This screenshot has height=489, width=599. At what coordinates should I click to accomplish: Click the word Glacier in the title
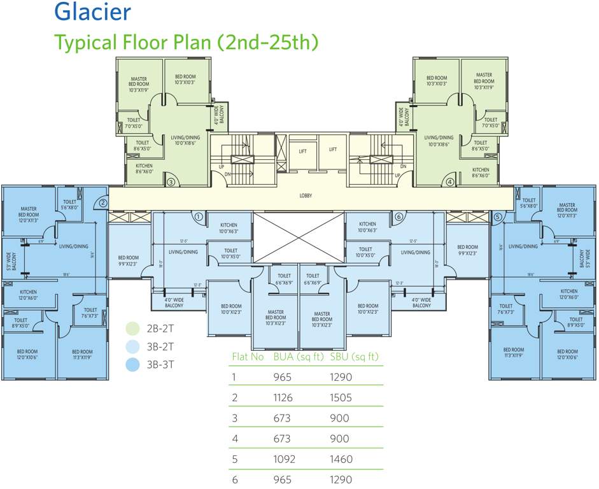click(92, 11)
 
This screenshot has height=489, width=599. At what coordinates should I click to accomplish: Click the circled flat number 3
click(171, 181)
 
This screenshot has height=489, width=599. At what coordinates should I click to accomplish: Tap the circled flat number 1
click(199, 217)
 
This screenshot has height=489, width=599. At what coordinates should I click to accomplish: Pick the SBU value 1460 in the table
click(341, 459)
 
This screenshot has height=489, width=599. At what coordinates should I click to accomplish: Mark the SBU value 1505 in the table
click(341, 398)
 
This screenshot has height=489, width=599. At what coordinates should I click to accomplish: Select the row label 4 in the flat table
click(234, 439)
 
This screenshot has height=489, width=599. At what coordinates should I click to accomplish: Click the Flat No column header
click(247, 357)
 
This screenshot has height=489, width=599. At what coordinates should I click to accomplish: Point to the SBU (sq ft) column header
click(355, 357)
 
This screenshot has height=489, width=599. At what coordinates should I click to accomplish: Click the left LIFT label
click(303, 151)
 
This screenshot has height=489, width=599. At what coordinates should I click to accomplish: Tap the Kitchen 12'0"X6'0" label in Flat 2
click(28, 295)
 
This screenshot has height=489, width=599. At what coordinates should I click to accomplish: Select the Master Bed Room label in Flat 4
click(484, 78)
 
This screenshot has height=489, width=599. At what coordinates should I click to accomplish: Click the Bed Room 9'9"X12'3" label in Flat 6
click(467, 250)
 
